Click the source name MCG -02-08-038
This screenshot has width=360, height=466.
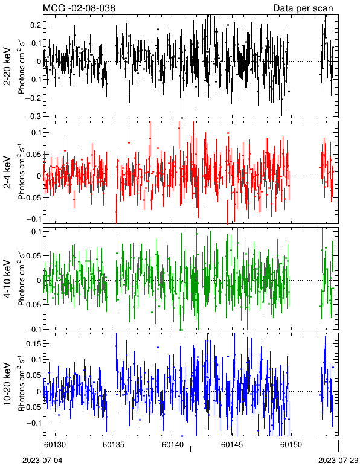79,8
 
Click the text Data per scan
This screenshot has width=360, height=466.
303,8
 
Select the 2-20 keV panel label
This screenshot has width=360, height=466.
7,66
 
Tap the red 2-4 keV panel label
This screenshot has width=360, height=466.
7,173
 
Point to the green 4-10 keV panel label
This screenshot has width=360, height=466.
7,279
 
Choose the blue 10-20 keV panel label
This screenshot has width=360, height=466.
7,384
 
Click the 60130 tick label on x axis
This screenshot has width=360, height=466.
55,445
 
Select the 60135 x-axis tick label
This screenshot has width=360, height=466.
114,445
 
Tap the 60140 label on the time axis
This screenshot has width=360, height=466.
172,445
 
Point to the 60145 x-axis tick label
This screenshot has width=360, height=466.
231,445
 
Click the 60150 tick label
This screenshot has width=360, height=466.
291,445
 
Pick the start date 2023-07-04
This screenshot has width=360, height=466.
42,461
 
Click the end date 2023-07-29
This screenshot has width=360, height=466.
338,461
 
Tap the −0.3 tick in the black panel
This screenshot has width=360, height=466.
33,116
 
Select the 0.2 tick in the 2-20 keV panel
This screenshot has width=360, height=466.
36,25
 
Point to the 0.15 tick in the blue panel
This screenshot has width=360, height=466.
34,343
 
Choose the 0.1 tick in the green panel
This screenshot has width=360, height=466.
36,232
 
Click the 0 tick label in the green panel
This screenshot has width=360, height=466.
39,280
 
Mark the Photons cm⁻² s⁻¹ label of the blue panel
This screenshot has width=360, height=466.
21,384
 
